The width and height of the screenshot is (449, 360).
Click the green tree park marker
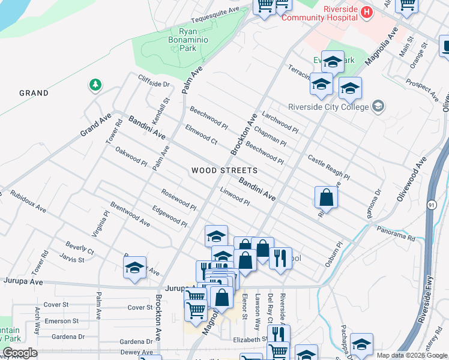[95, 85]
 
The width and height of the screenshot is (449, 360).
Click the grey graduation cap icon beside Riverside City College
[378, 106]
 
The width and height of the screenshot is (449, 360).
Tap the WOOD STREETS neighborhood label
[224, 170]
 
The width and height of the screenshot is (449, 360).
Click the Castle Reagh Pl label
[328, 168]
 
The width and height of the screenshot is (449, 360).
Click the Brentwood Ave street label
[130, 214]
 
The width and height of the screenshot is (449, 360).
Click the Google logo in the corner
[20, 353]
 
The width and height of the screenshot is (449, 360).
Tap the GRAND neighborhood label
[34, 93]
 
